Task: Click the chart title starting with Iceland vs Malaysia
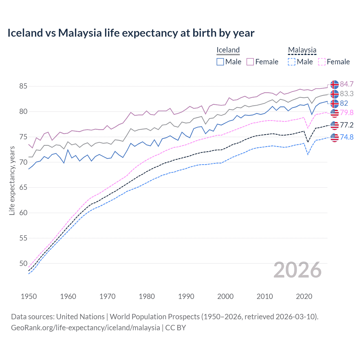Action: click(x=131, y=33)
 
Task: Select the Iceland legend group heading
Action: click(x=228, y=50)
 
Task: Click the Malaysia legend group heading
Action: click(x=302, y=50)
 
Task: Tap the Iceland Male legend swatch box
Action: click(x=220, y=62)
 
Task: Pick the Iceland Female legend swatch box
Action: click(x=250, y=62)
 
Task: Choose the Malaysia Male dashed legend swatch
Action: click(x=292, y=62)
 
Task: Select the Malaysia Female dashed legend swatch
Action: click(x=322, y=62)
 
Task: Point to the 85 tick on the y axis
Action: click(x=23, y=86)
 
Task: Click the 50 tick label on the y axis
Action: click(x=23, y=263)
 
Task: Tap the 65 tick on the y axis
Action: click(x=23, y=187)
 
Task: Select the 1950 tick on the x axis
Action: click(x=29, y=296)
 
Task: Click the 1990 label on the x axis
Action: click(x=186, y=296)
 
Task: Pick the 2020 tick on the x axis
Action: click(x=304, y=296)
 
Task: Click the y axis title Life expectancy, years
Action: click(x=12, y=180)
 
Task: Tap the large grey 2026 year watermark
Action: click(x=297, y=270)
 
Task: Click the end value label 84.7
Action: click(x=347, y=84)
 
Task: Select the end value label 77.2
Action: click(x=347, y=125)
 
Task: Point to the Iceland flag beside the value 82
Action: click(x=334, y=104)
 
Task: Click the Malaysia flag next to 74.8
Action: click(x=334, y=137)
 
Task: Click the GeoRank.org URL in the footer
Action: click(x=85, y=328)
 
